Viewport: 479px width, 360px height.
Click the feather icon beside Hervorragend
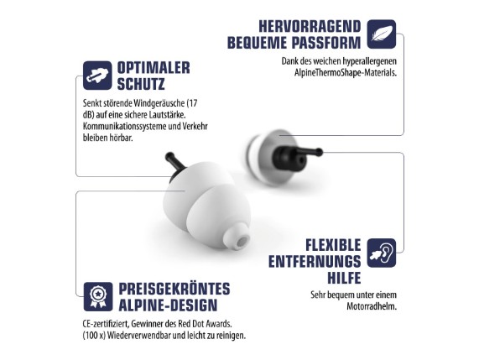tap(381, 34)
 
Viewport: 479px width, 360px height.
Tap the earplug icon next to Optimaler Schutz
tap(97, 76)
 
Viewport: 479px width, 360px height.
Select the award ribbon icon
tap(98, 296)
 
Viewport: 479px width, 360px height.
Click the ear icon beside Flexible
tap(381, 253)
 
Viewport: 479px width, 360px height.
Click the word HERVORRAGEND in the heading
tap(310, 26)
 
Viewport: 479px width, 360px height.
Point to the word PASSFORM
tap(326, 43)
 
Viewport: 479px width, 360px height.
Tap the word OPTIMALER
tap(154, 67)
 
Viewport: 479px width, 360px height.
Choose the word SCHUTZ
tap(141, 84)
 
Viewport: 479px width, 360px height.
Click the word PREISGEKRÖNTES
tap(174, 289)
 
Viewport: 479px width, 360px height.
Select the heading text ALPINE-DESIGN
tap(168, 305)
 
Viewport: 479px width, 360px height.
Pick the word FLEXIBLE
tap(333, 245)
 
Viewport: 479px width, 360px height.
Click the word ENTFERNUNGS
tap(315, 262)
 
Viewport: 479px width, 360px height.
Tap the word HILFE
tap(344, 278)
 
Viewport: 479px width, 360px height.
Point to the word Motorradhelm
tap(372, 306)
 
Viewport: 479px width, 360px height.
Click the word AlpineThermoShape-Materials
tap(346, 73)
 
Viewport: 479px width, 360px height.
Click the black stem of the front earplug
tap(174, 162)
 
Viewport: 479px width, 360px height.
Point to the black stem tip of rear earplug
tap(319, 152)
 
